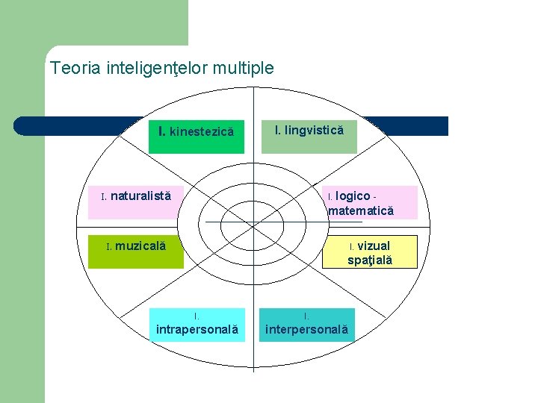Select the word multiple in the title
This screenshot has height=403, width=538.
pyautogui.click(x=244, y=69)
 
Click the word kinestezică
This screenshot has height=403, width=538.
pyautogui.click(x=202, y=132)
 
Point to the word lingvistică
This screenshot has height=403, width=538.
pyautogui.click(x=314, y=131)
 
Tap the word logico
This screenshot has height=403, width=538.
pyautogui.click(x=353, y=196)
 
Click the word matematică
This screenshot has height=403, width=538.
pyautogui.click(x=361, y=211)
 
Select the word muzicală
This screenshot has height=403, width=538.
pyautogui.click(x=140, y=246)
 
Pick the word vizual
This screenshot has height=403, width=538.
pyautogui.click(x=374, y=246)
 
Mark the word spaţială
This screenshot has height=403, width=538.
pyautogui.click(x=370, y=260)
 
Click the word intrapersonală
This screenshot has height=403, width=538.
pyautogui.click(x=197, y=329)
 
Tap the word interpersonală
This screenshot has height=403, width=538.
pyautogui.click(x=306, y=329)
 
